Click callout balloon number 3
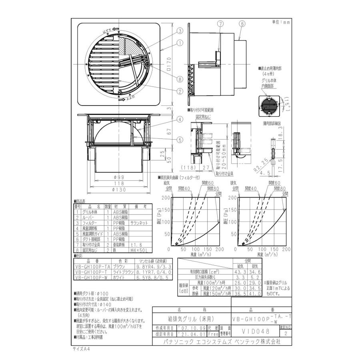pos(180,30)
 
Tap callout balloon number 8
pos(180,79)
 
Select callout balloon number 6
pos(242,24)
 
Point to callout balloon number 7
pos(219,24)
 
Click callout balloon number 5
pos(180,140)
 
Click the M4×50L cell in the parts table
pos(140,250)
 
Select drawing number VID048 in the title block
pos(256,331)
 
